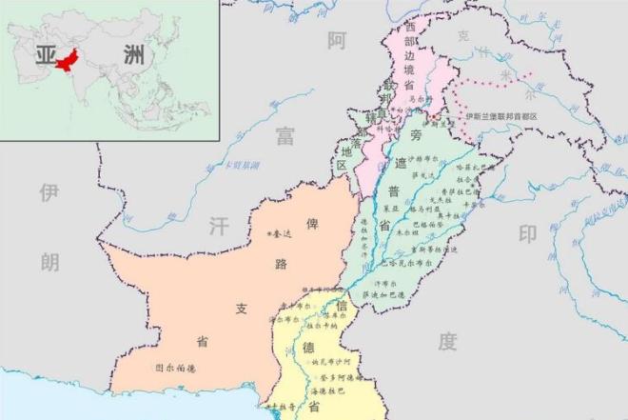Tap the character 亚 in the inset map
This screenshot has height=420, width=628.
[45, 53]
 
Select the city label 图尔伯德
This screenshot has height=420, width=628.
[176, 367]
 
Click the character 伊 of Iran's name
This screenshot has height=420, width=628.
[49, 193]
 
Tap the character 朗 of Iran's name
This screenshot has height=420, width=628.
[49, 263]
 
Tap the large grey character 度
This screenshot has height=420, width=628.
[448, 341]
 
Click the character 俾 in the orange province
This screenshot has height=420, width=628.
[311, 226]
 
